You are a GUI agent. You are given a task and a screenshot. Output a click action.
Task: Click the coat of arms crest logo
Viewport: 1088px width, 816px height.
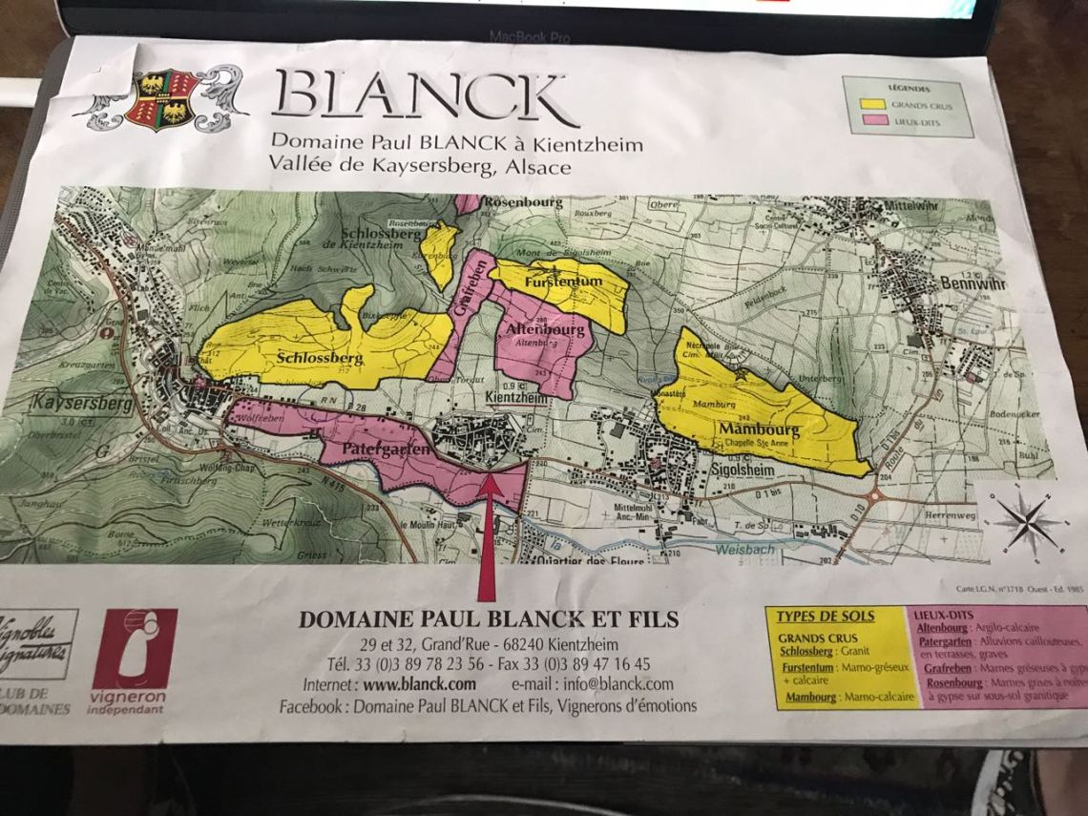[x=160, y=98]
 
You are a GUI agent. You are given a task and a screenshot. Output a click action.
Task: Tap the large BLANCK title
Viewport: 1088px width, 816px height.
[x=425, y=98]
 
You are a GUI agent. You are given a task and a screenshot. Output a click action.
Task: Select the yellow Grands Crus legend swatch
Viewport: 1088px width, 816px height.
[x=868, y=104]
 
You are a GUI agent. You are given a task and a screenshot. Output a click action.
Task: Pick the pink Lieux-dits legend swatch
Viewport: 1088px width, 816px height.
[x=868, y=120]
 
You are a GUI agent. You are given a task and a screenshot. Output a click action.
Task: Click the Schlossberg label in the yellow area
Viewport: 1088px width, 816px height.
[x=321, y=358]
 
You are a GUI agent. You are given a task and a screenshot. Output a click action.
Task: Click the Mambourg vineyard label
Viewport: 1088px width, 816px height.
[x=761, y=429]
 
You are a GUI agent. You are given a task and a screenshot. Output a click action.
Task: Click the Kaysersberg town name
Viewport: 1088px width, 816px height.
[x=73, y=401]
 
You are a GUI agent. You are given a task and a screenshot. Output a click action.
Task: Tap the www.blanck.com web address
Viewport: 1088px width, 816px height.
[x=418, y=684]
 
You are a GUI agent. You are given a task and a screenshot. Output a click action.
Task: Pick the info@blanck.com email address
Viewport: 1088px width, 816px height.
[x=618, y=684]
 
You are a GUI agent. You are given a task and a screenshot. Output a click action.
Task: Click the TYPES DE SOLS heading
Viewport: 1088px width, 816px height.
[x=825, y=617]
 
